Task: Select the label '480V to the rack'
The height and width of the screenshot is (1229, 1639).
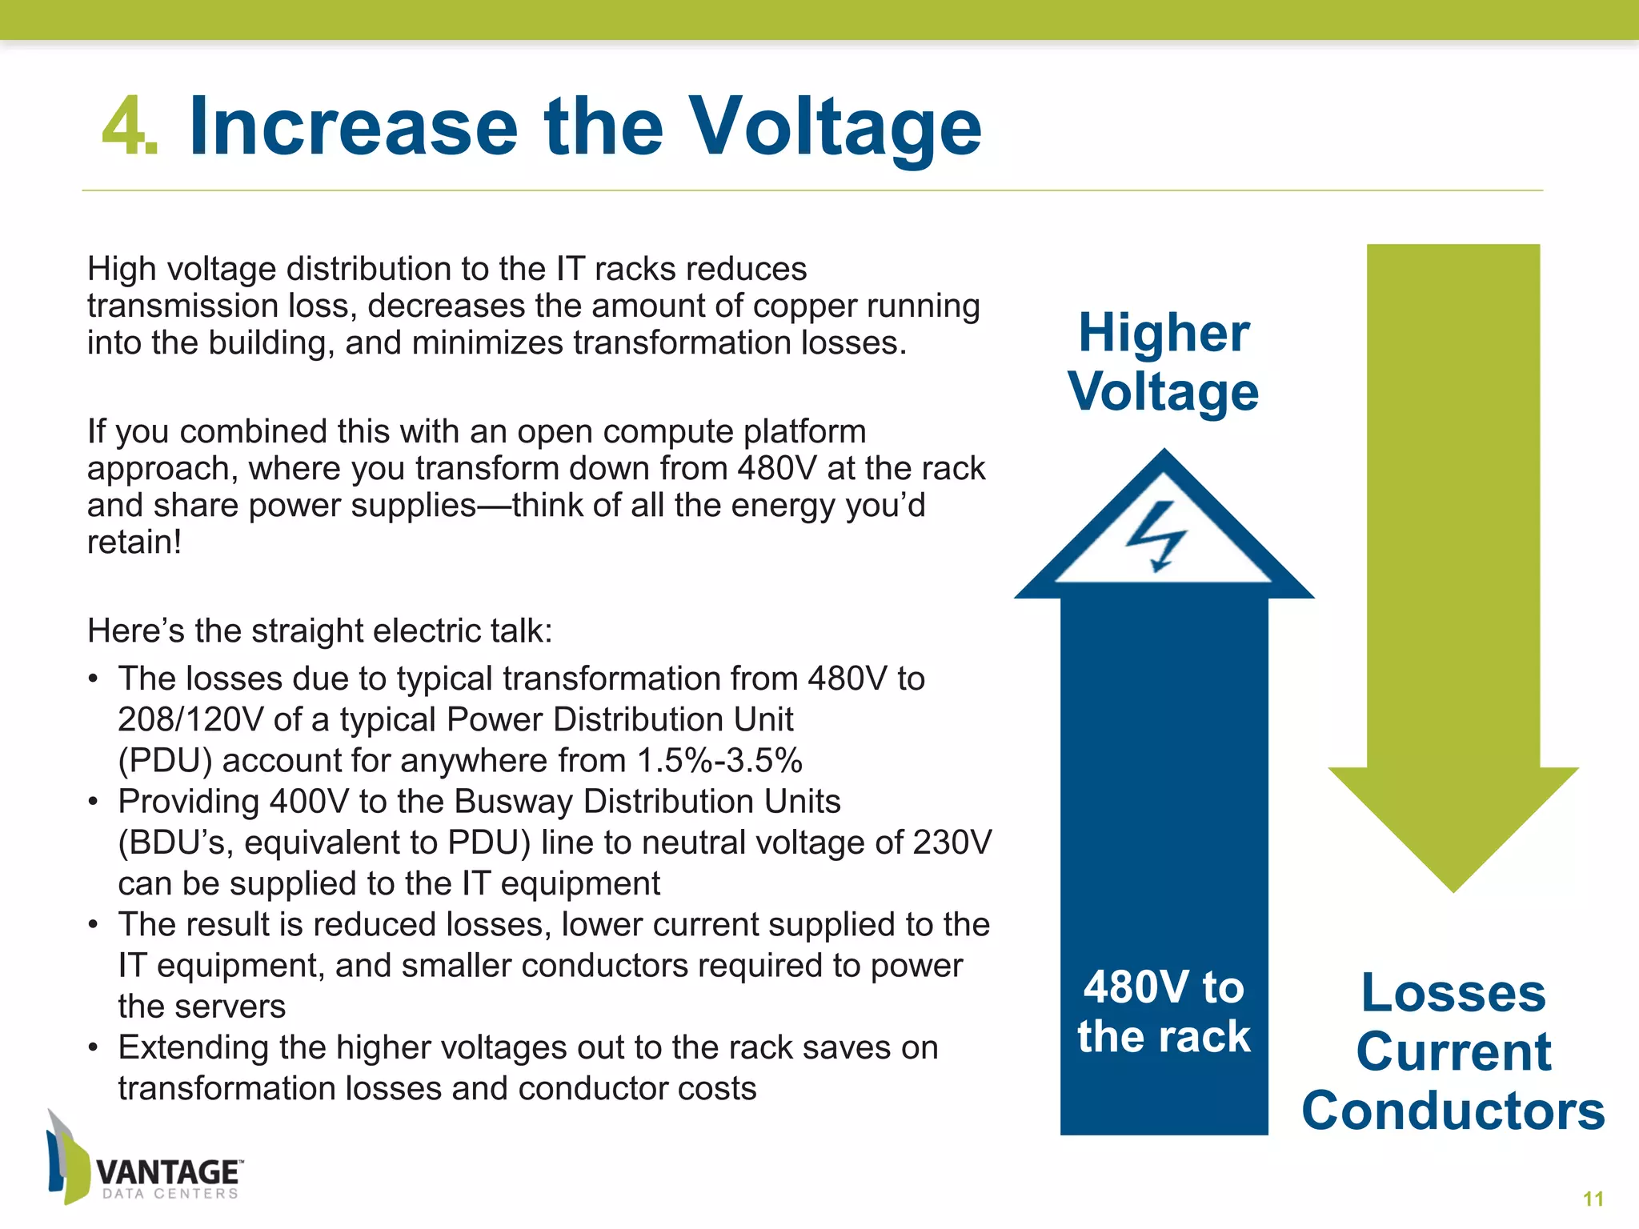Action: (1164, 1011)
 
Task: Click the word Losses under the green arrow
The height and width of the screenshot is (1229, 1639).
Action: (1453, 993)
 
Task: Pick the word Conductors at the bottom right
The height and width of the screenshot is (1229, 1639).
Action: (1453, 1111)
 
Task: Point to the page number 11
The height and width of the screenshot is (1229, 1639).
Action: (1593, 1199)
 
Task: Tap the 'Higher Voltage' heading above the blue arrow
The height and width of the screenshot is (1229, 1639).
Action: (1164, 362)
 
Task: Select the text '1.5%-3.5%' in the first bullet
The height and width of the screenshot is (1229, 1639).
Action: (719, 760)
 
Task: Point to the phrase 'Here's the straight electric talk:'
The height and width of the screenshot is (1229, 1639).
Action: (319, 631)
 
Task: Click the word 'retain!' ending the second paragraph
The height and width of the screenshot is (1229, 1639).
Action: (134, 542)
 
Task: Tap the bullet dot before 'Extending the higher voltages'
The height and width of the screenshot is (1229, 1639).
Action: (94, 1047)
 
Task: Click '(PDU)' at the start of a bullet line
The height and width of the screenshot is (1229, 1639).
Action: (164, 760)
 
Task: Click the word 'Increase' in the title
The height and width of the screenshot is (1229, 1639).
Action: (354, 126)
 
